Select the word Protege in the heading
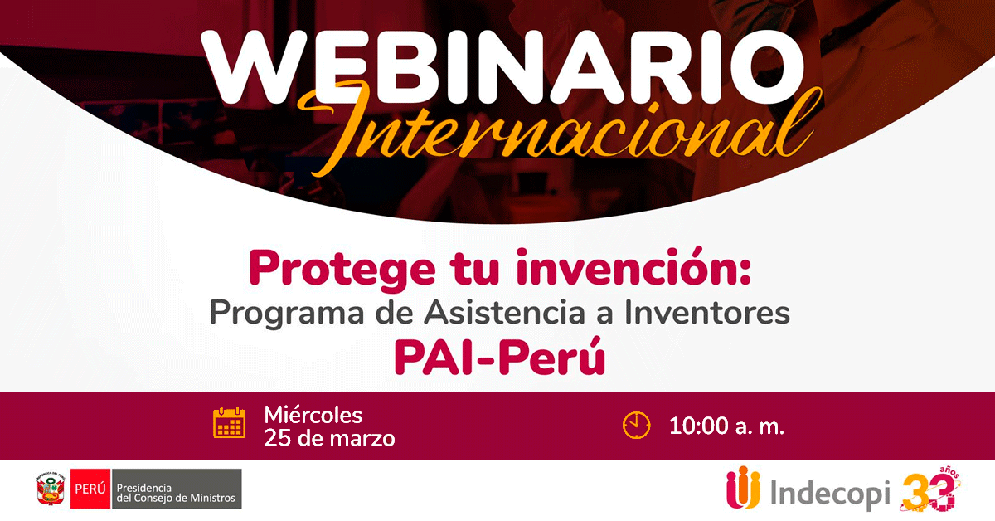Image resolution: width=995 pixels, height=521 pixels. tap(342, 270)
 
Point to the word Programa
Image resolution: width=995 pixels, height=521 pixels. tap(287, 314)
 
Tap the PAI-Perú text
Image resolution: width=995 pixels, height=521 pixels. tap(500, 357)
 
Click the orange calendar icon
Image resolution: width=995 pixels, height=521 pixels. tap(229, 423)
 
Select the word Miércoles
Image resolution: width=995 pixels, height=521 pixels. tap(313, 415)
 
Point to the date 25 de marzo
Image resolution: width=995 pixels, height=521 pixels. tap(330, 438)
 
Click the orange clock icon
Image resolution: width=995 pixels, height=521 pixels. tap(637, 426)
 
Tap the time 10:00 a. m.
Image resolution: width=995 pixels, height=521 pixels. tap(726, 426)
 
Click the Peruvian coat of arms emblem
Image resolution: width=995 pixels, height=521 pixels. tap(51, 489)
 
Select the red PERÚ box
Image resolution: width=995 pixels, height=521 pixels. tap(90, 489)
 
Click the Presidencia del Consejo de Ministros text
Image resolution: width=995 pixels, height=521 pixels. tap(176, 493)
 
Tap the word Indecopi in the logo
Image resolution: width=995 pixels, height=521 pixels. tap(830, 494)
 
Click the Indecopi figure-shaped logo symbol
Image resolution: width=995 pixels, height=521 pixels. tap(743, 488)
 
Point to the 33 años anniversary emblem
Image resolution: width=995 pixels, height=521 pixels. tap(930, 489)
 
